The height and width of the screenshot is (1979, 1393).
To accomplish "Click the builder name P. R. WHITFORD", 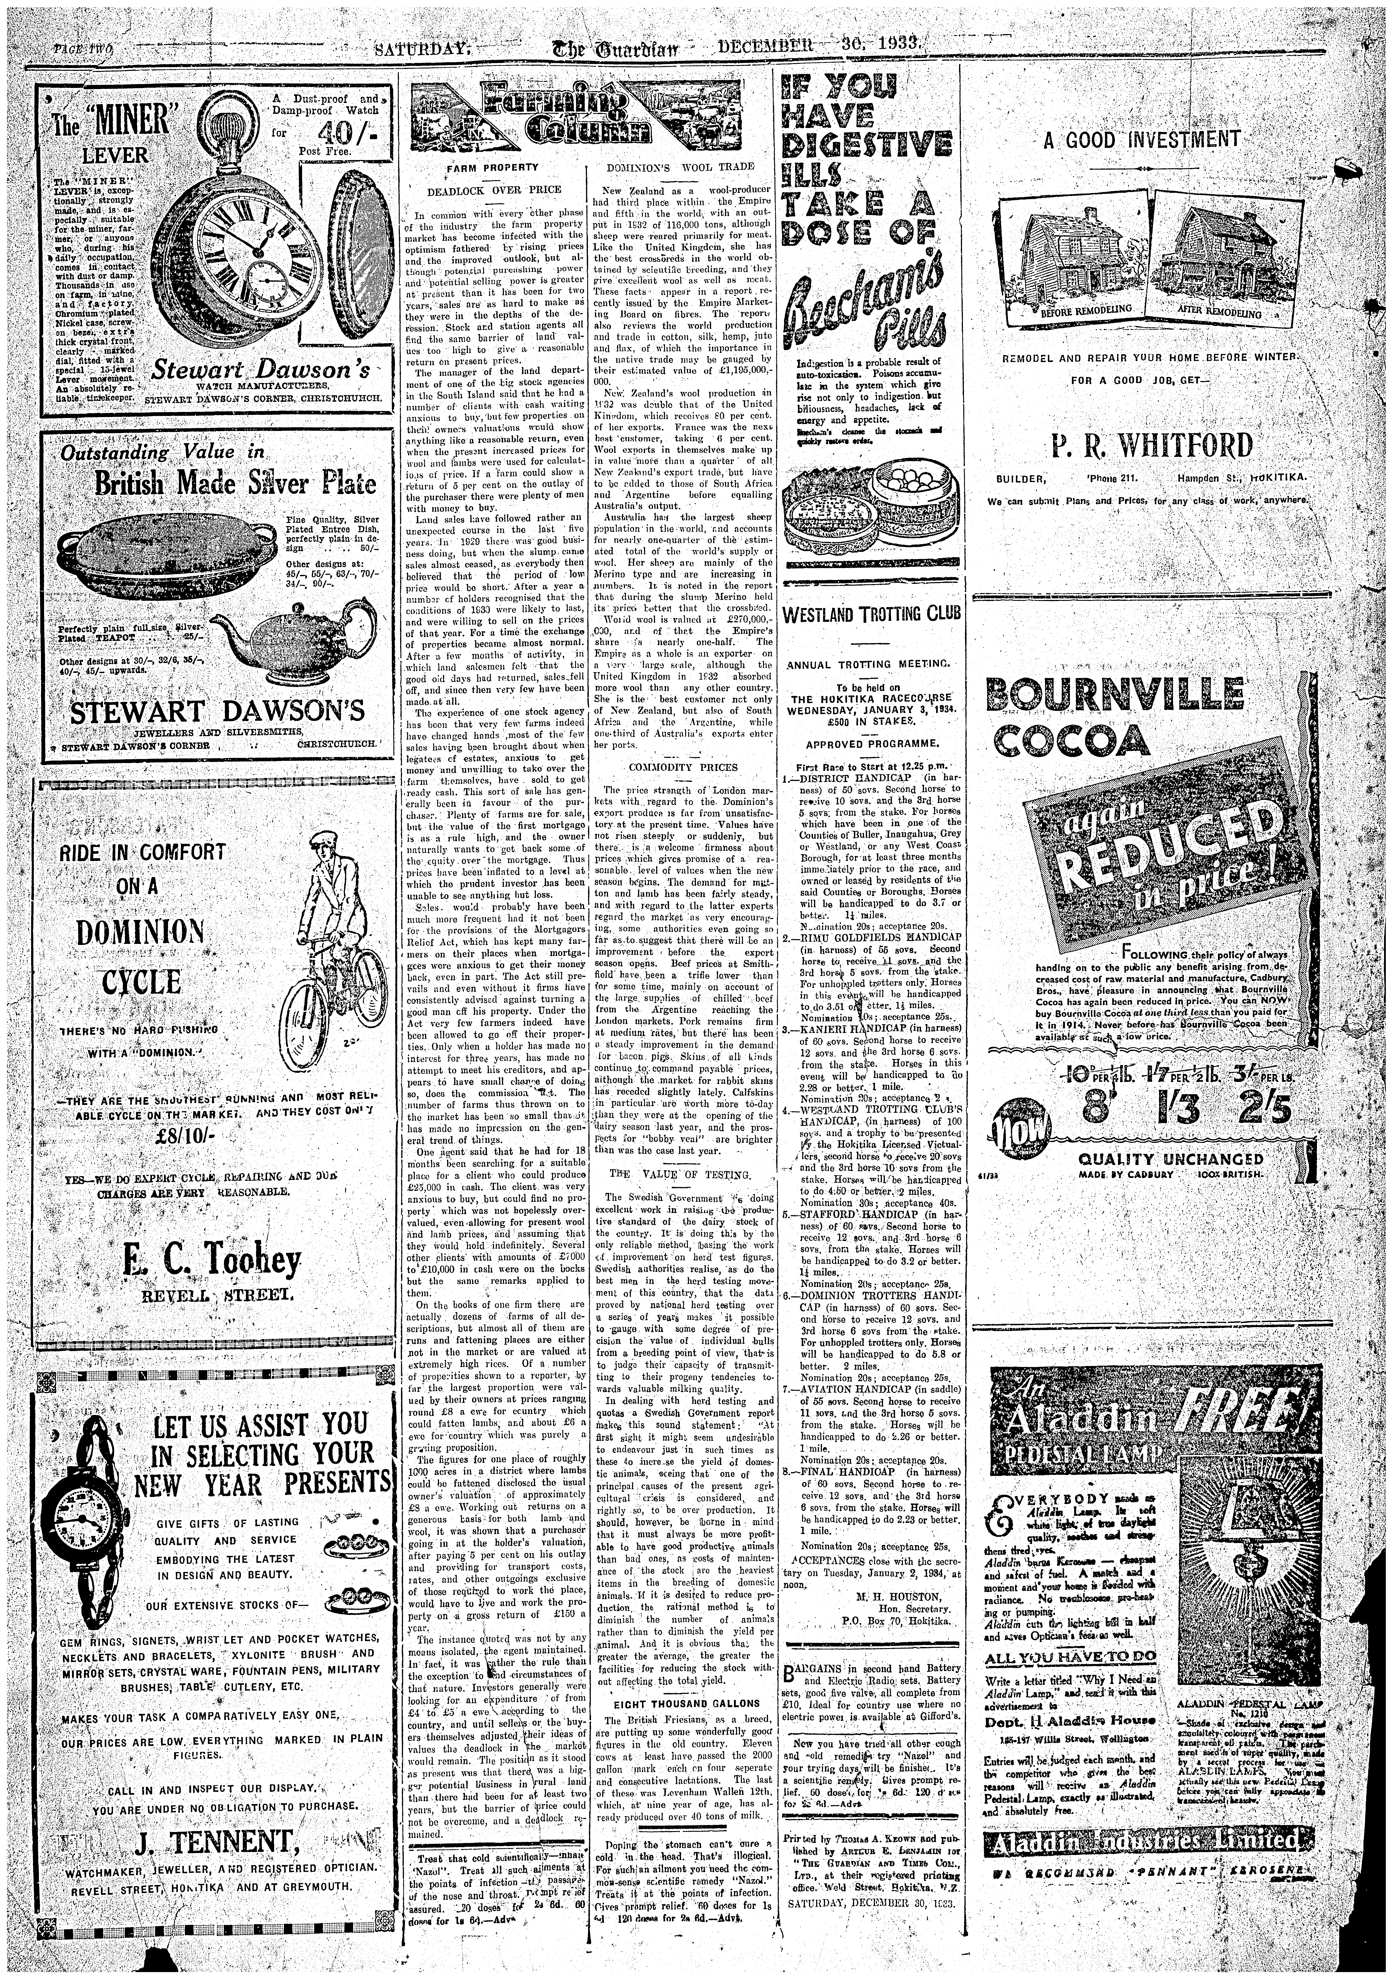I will (x=1151, y=446).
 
